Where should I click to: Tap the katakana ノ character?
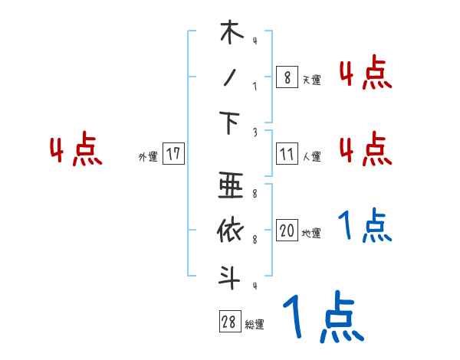click(x=230, y=80)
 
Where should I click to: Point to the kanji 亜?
click(x=230, y=186)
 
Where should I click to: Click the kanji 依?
click(x=230, y=230)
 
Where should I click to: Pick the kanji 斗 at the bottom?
click(x=230, y=277)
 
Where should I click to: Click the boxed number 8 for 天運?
click(x=285, y=77)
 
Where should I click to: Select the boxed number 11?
click(x=287, y=154)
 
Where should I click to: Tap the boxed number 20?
click(x=287, y=231)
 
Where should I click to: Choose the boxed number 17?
click(x=173, y=154)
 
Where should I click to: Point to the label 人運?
click(x=311, y=157)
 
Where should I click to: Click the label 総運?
click(x=255, y=325)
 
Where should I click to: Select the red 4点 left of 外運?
click(x=76, y=150)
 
